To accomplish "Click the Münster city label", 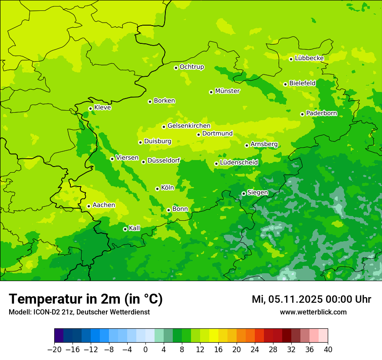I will (x=227, y=91).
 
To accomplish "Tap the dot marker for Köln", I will (x=157, y=189).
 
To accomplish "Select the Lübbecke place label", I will (x=309, y=58).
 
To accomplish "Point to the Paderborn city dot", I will (x=302, y=114).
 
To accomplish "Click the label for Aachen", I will (x=104, y=205).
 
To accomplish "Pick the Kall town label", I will (x=135, y=228).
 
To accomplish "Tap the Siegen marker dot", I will (x=244, y=193).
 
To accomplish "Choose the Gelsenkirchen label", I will (x=189, y=126).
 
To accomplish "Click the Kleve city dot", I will (x=90, y=108).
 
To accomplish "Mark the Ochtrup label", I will (x=191, y=67).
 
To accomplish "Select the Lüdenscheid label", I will (x=239, y=163).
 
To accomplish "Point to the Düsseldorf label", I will (x=164, y=160).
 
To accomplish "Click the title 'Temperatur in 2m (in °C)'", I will (x=86, y=299).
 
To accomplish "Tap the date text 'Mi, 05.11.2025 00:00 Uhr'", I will (x=311, y=299).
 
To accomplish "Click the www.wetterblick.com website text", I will (x=313, y=312).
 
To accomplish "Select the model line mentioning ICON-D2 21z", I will (x=79, y=312).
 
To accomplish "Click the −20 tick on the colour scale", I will (x=54, y=350).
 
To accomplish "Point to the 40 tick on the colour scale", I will (x=328, y=350).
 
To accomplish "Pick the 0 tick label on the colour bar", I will (x=145, y=350).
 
